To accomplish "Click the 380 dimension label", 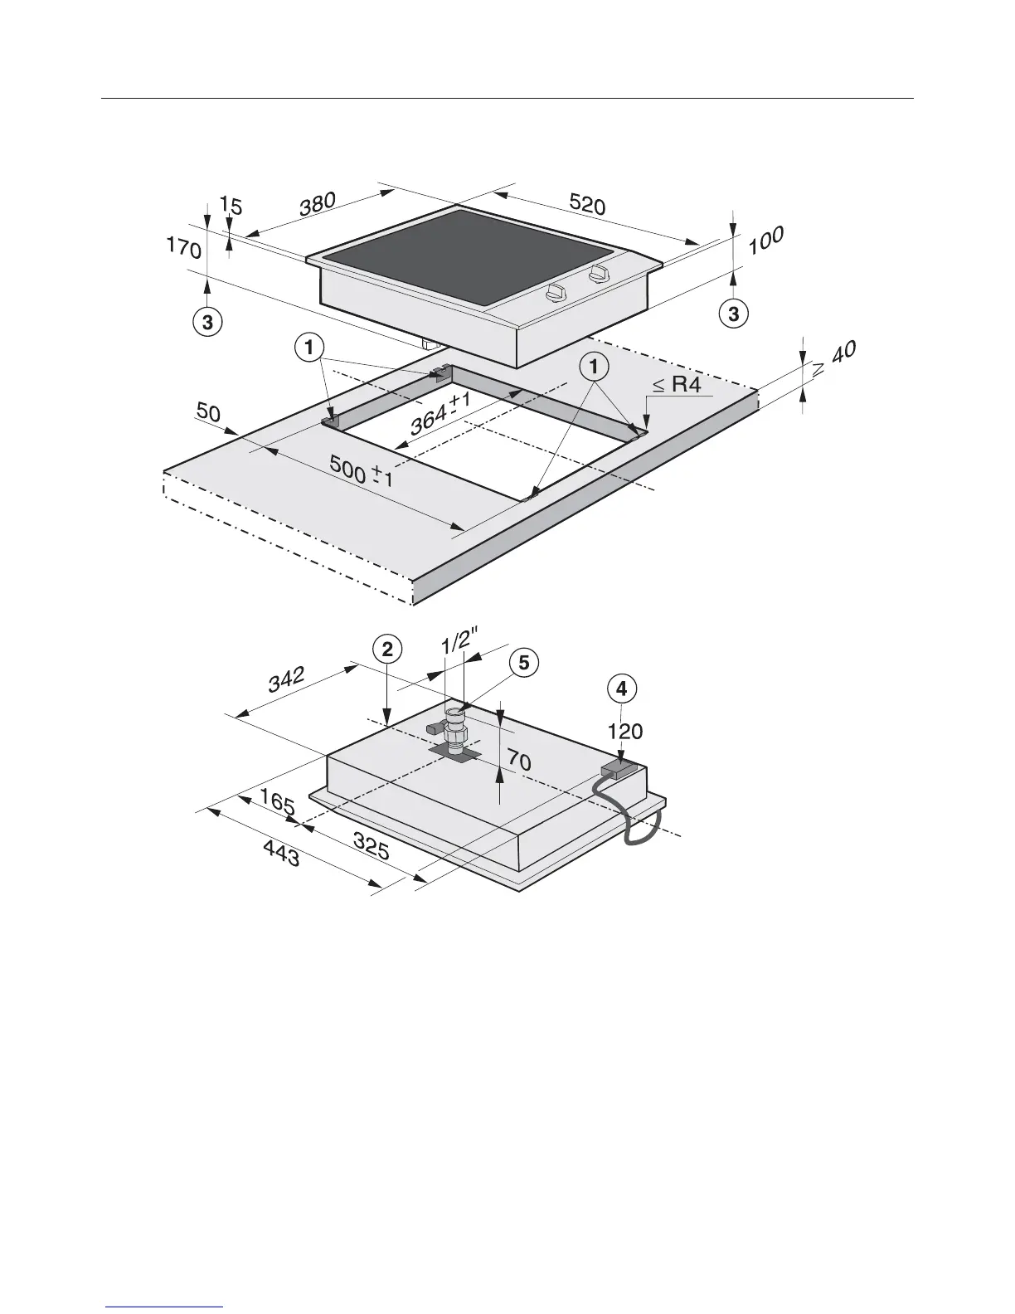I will (318, 204).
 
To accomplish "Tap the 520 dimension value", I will (587, 204).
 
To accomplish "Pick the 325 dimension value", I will (372, 845).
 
